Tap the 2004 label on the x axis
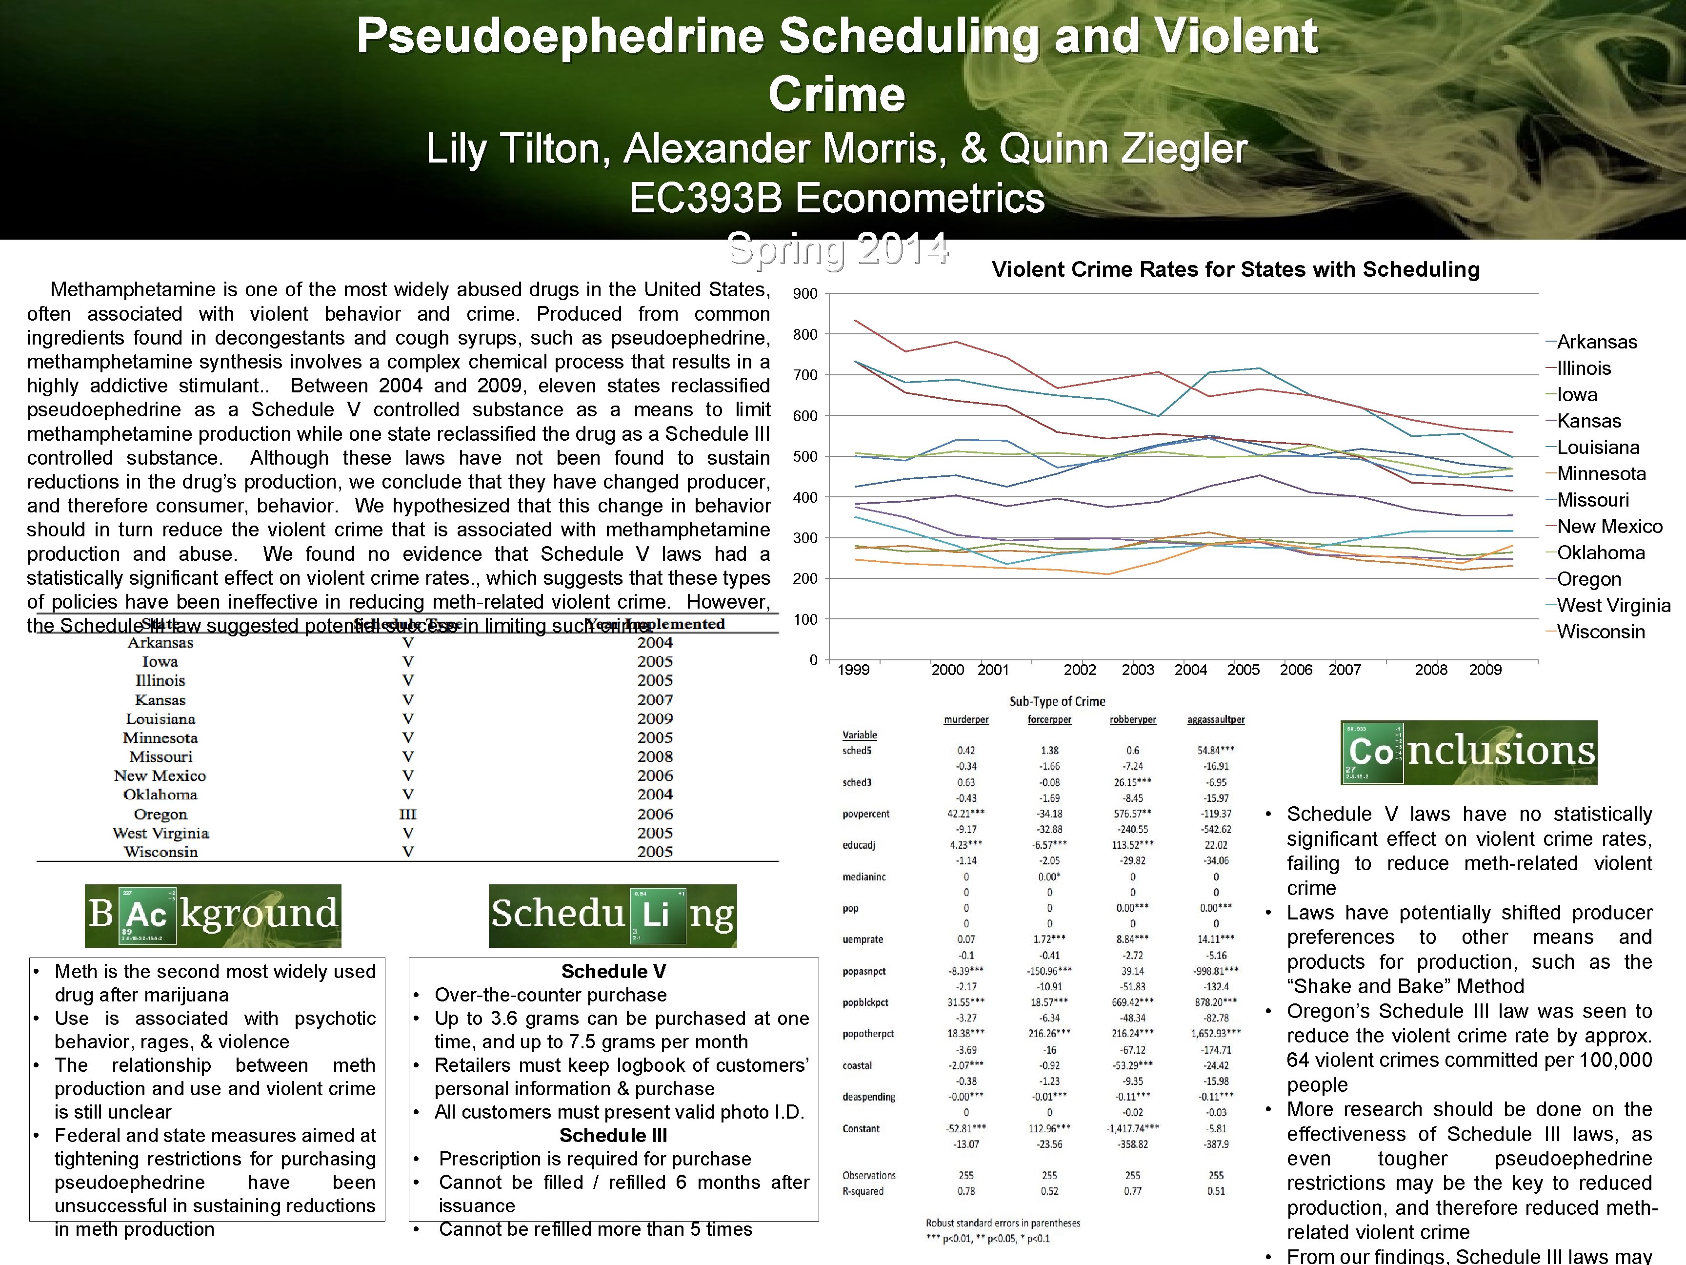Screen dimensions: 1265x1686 coord(1190,670)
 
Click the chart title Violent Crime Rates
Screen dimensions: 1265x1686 coord(1235,269)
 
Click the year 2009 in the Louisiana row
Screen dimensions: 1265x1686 coord(655,719)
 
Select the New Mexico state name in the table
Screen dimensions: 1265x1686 coord(160,775)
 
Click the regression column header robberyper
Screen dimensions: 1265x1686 coord(1133,719)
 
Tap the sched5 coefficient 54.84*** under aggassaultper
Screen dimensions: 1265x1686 coord(1216,750)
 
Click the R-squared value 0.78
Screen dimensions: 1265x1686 coord(966,1191)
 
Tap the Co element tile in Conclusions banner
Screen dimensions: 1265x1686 coord(1372,753)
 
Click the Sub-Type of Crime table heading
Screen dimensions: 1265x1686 coord(1057,701)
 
